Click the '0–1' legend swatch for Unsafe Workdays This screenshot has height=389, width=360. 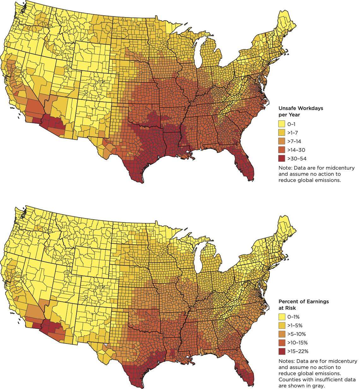point(281,124)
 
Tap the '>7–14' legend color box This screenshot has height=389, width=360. point(281,141)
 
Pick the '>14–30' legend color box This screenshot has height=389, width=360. point(281,150)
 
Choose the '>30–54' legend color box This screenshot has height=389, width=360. point(281,158)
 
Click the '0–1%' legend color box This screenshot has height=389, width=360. point(281,317)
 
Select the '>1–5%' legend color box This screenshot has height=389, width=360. point(281,325)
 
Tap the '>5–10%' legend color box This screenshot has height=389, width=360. point(281,334)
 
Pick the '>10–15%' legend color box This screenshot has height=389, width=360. point(281,343)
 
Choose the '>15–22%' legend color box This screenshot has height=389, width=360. point(281,351)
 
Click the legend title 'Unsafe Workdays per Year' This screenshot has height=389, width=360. point(300,111)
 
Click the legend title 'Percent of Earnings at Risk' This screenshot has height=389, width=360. point(303,304)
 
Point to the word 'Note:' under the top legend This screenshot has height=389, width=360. point(285,168)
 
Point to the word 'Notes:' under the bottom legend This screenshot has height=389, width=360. point(286,361)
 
